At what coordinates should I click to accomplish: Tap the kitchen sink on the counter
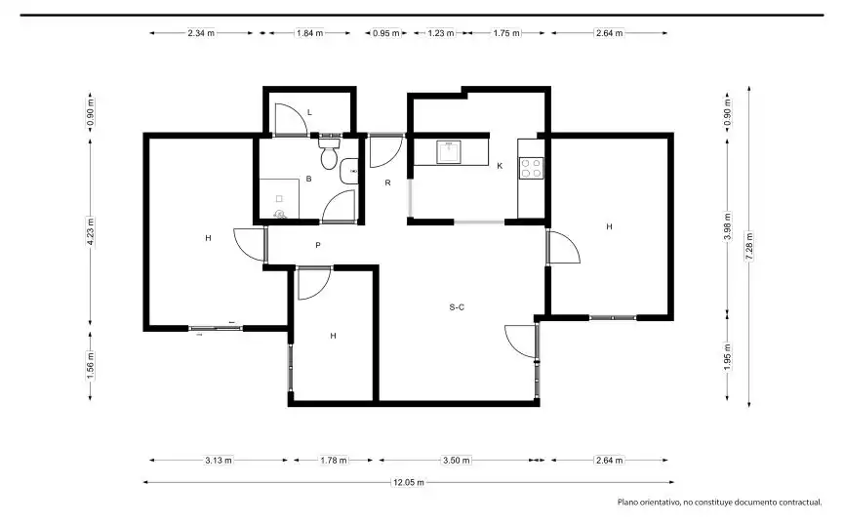(x=449, y=152)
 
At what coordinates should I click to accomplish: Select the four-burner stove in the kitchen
(x=531, y=168)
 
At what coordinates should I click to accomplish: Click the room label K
(x=500, y=166)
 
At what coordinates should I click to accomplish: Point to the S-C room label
(x=457, y=307)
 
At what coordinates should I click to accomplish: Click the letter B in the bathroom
(x=308, y=179)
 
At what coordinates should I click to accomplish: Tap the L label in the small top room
(x=309, y=112)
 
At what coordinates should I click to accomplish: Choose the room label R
(x=387, y=183)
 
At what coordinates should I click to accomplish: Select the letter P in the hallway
(x=318, y=246)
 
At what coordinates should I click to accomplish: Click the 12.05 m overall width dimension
(x=409, y=482)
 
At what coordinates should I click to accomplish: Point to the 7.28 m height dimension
(x=749, y=246)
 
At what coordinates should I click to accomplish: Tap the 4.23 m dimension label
(x=91, y=231)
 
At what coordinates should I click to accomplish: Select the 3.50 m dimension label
(x=457, y=461)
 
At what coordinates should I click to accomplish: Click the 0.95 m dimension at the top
(x=386, y=33)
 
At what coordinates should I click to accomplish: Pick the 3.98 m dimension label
(x=728, y=226)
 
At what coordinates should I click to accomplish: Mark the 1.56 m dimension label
(x=91, y=364)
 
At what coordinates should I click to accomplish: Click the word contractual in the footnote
(x=797, y=503)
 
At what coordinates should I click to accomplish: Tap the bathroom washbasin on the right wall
(x=349, y=171)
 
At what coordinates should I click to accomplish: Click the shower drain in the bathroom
(x=279, y=215)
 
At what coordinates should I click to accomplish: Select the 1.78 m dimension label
(x=334, y=461)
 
